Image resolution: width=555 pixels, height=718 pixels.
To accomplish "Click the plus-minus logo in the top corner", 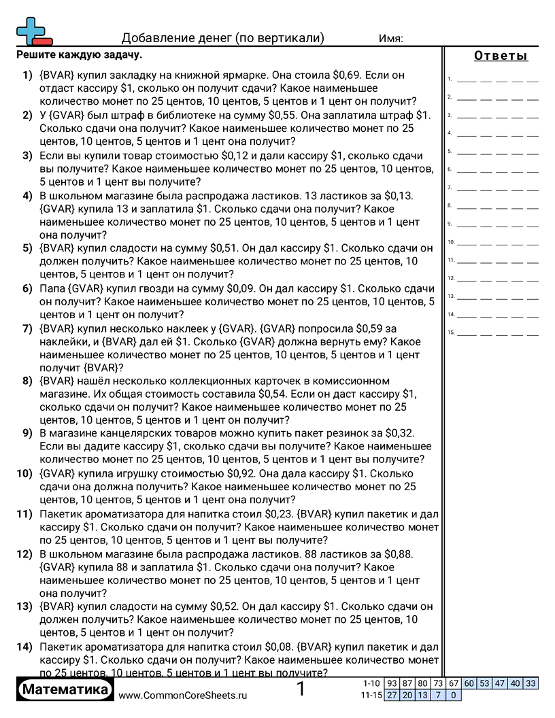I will coord(33,31).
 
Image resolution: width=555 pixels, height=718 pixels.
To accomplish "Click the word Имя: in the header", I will coord(390,38).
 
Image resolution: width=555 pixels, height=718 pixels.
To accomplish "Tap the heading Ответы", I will coord(501,56).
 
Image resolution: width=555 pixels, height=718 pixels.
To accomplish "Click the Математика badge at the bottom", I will coord(65,690).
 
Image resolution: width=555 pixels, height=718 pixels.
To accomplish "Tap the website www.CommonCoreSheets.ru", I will coord(182,695).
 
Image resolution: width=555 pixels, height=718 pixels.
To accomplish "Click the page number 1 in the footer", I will coord(301,690).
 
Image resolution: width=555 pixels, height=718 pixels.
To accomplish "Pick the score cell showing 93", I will coord(392,683).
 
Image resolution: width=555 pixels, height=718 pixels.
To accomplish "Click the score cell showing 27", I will coord(392,695).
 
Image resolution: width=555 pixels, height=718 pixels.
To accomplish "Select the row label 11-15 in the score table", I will coord(371,695).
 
